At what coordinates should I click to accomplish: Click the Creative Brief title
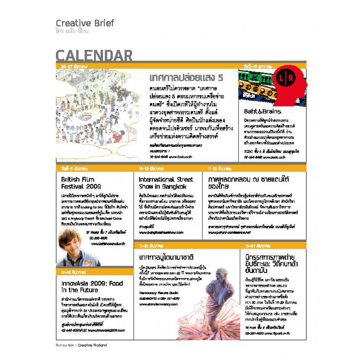coord(85,23)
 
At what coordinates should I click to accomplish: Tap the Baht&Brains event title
coord(262,111)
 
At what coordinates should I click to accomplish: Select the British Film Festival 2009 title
coord(81,183)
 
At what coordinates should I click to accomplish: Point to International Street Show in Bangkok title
coord(166,183)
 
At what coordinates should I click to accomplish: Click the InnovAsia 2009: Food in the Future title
coord(92,287)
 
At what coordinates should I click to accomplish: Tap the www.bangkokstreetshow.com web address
coord(161,233)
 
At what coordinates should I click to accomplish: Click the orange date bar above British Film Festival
coord(94,168)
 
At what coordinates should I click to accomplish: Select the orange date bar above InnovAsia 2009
coord(94,273)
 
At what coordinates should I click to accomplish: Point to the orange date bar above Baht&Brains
coord(272,66)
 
